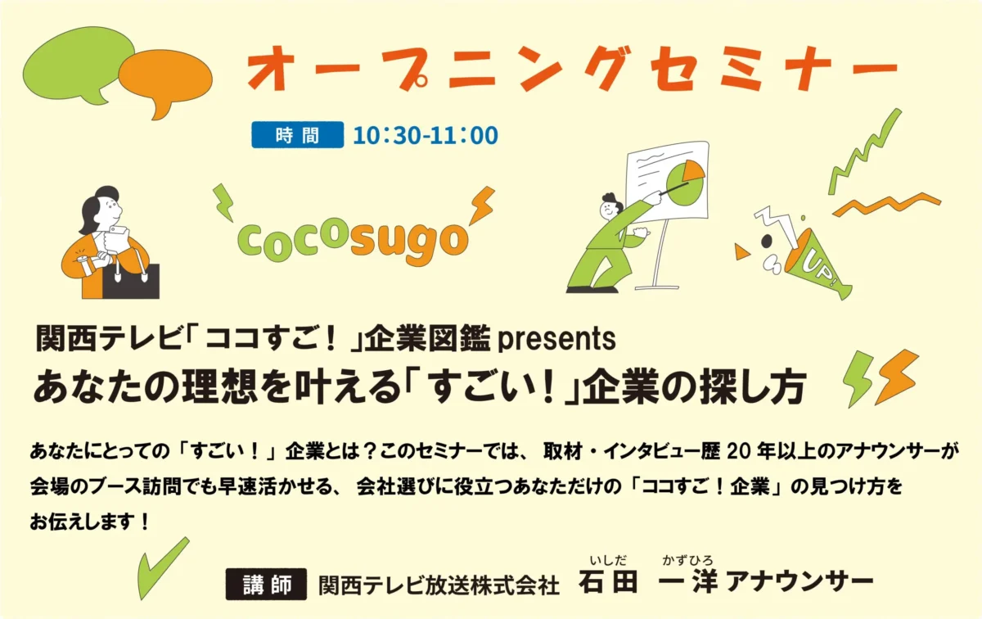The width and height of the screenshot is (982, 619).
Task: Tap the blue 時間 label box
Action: pos(298,134)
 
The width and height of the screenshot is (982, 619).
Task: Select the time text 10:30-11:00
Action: pos(426,134)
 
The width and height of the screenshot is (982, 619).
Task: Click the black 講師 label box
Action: pos(266,584)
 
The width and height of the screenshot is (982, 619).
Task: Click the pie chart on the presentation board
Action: pos(685,182)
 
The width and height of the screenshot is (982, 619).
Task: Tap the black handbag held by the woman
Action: pos(131,282)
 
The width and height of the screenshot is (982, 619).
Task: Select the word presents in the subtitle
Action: pos(556,339)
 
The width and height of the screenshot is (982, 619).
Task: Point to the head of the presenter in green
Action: pos(611,206)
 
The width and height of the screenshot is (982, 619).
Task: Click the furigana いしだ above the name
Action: pos(608,560)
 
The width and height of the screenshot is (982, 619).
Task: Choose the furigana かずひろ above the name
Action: pos(687,560)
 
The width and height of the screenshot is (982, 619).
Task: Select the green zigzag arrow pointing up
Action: pos(863,151)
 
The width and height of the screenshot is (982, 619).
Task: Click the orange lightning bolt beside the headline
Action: pos(896,377)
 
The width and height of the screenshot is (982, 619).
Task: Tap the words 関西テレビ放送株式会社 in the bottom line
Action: pos(439,585)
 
